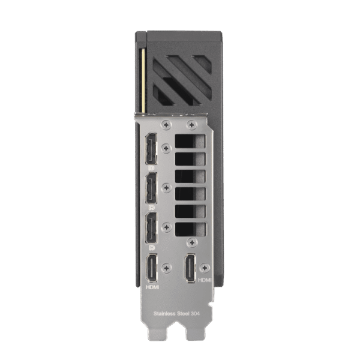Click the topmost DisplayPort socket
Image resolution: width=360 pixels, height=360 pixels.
coord(151,149)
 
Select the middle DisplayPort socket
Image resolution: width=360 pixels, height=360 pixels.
coord(151,188)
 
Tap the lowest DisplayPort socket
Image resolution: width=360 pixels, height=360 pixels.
coord(151,228)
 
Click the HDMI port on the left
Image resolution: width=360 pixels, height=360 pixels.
coord(152,268)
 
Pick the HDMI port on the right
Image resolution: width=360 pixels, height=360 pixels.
coord(190,268)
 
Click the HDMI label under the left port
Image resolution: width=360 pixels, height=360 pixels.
coord(152,287)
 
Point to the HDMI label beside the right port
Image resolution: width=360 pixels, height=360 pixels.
coord(205,280)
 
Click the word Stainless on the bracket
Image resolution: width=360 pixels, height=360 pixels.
coord(164,313)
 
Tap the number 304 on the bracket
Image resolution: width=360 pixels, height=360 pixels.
coord(195,313)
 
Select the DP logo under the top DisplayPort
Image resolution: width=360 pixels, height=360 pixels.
coord(152,168)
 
